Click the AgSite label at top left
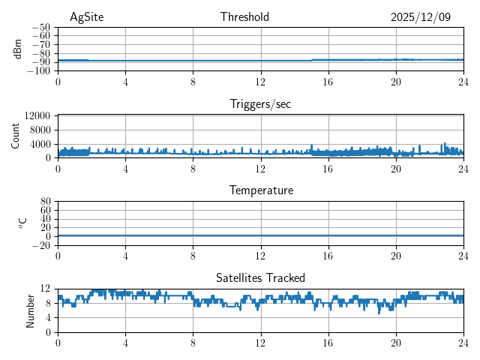click(86, 17)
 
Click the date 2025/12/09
click(421, 17)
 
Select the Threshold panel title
click(244, 17)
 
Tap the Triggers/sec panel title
click(260, 104)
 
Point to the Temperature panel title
click(260, 190)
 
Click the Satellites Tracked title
click(260, 277)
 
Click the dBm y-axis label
click(18, 49)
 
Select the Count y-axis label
click(16, 136)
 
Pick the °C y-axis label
click(22, 223)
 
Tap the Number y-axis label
click(30, 310)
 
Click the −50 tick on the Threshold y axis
click(41, 27)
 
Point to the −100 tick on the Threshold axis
click(39, 71)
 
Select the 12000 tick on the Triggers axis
click(37, 115)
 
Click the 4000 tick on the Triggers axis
click(40, 144)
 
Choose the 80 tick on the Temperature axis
click(46, 202)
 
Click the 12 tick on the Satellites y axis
click(46, 289)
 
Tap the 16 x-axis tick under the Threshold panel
click(328, 82)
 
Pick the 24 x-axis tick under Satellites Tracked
click(463, 343)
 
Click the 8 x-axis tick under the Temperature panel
click(193, 256)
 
